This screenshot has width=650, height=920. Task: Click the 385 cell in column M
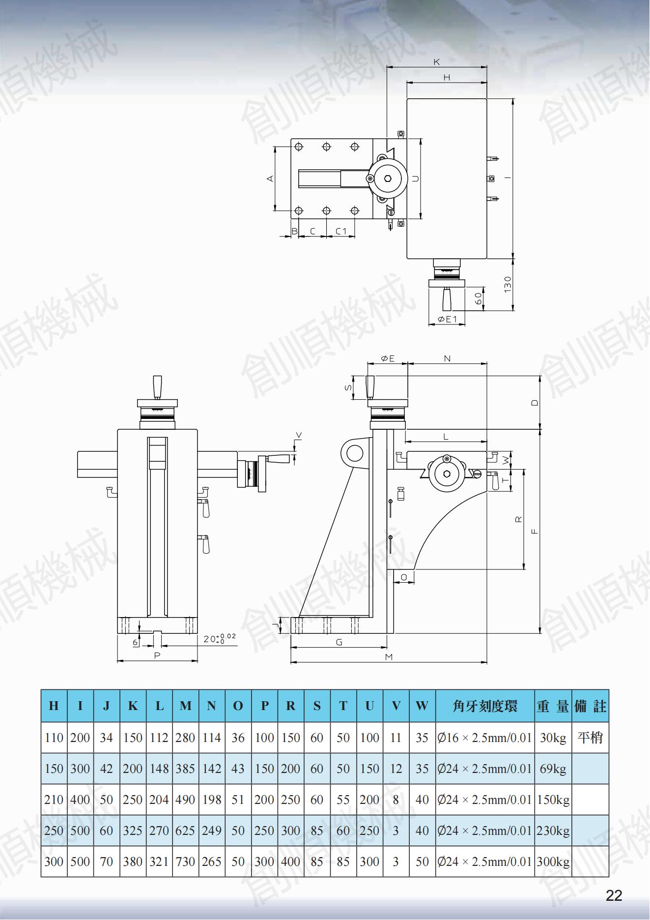[x=185, y=769]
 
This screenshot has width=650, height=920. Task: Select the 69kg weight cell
[x=553, y=769]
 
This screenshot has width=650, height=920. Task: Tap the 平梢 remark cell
[x=590, y=738]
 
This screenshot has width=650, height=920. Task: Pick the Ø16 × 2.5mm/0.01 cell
[x=484, y=738]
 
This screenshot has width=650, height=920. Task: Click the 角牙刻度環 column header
[x=484, y=706]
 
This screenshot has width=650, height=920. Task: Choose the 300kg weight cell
[x=553, y=861]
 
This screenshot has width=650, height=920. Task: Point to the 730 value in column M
[x=185, y=861]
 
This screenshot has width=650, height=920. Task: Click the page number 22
[x=614, y=896]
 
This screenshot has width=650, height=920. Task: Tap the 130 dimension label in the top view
[x=508, y=284]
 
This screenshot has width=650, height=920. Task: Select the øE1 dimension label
[x=447, y=319]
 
